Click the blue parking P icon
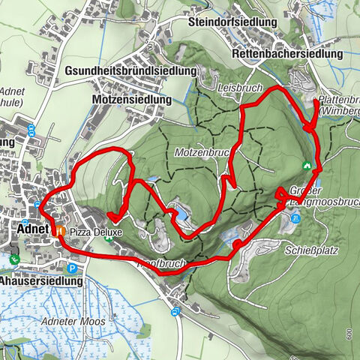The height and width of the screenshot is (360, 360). click(72, 268)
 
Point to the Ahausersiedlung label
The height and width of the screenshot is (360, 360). click(41, 281)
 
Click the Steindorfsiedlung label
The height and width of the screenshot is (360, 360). click(233, 22)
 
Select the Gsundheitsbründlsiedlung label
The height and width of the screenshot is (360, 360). click(131, 70)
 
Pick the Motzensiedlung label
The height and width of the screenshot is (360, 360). click(132, 99)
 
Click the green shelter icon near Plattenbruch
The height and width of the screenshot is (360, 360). click(306, 165)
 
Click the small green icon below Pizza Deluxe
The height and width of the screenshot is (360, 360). click(111, 240)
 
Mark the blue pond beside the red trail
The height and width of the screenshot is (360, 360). click(179, 214)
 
